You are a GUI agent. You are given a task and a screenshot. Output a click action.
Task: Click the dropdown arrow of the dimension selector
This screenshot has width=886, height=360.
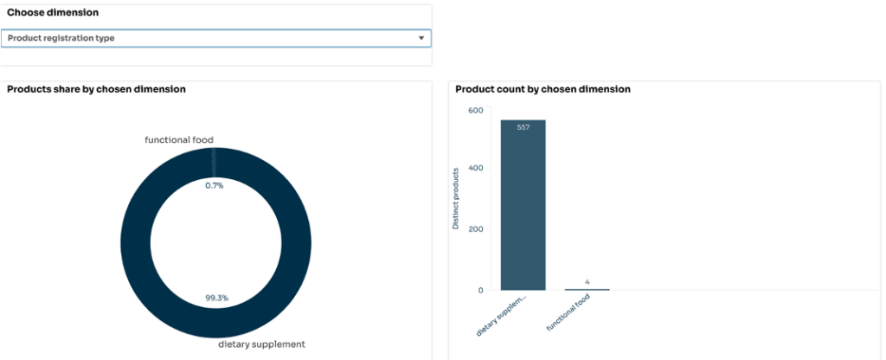[x=421, y=38]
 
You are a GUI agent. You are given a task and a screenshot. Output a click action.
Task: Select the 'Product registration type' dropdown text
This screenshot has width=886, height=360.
[x=61, y=38]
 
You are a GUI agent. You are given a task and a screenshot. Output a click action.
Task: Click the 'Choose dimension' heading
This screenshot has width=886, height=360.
[x=53, y=13]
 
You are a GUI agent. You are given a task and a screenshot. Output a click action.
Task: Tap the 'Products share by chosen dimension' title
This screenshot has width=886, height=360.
[x=96, y=89]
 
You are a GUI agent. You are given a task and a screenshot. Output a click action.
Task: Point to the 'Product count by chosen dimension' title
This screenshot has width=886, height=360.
[x=543, y=89]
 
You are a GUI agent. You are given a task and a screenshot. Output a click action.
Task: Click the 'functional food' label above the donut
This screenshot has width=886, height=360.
[x=179, y=140]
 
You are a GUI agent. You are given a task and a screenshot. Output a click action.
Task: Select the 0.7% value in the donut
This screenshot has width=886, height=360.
[x=214, y=185]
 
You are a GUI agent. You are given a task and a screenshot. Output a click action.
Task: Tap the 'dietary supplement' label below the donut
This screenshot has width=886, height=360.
[x=261, y=344]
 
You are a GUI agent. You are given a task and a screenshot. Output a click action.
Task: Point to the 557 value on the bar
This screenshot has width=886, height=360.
[x=523, y=127]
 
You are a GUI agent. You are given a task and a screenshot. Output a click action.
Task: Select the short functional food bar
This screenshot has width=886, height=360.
[x=587, y=289]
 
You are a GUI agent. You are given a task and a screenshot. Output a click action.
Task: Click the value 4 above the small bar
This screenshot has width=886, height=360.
[x=587, y=281]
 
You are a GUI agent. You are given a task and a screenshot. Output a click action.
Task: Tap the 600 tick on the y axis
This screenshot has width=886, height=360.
[x=475, y=110]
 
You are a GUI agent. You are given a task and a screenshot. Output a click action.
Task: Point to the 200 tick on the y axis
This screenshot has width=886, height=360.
[x=475, y=229]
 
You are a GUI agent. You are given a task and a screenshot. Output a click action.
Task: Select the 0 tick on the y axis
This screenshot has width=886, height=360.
[x=479, y=290]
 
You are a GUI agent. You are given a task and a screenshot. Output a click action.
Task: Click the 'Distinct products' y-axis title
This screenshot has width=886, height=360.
[x=456, y=199]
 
